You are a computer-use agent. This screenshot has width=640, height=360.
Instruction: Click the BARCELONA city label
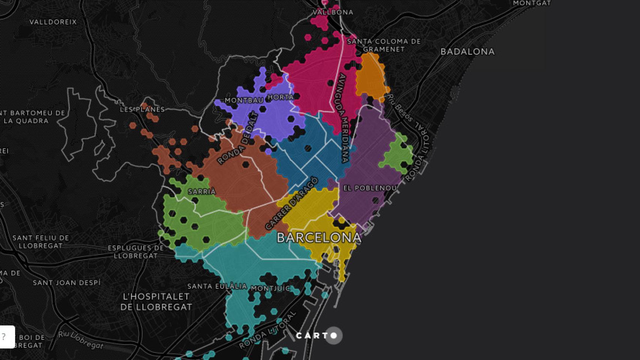pos(319,237)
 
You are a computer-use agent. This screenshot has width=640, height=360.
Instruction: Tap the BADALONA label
pos(467,52)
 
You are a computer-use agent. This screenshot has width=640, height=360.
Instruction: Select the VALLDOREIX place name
pos(53,22)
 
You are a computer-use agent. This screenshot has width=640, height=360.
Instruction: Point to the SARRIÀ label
pos(202,192)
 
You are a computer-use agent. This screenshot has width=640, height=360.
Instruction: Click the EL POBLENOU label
pos(370,188)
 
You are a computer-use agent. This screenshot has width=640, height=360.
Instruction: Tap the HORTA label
pos(281,97)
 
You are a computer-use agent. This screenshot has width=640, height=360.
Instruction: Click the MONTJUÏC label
pos(270,288)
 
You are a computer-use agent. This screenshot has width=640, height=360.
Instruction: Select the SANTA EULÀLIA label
pos(217,286)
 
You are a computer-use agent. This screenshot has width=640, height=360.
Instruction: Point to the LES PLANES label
pos(142,109)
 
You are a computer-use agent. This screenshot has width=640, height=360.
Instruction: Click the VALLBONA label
pos(333,12)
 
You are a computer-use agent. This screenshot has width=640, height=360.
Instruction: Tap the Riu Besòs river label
pos(400,108)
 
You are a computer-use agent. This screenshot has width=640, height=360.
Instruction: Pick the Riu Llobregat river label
pos(80,340)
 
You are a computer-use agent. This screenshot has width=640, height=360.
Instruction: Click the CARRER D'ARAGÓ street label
pos(291,203)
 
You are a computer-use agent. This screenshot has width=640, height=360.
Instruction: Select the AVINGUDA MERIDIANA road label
pos(343,118)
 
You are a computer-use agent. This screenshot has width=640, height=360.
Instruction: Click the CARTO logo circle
pos(334,336)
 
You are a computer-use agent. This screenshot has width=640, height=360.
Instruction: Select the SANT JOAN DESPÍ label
pos(67,283)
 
